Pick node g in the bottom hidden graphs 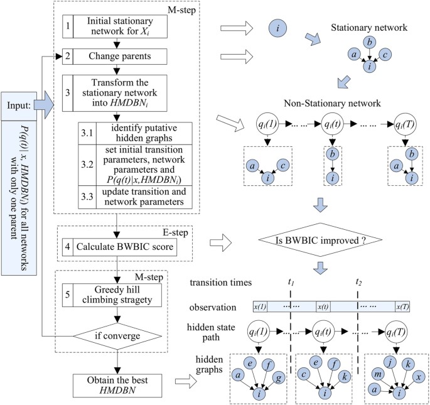[x=279, y=378]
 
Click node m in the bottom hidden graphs [x=378, y=375]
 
